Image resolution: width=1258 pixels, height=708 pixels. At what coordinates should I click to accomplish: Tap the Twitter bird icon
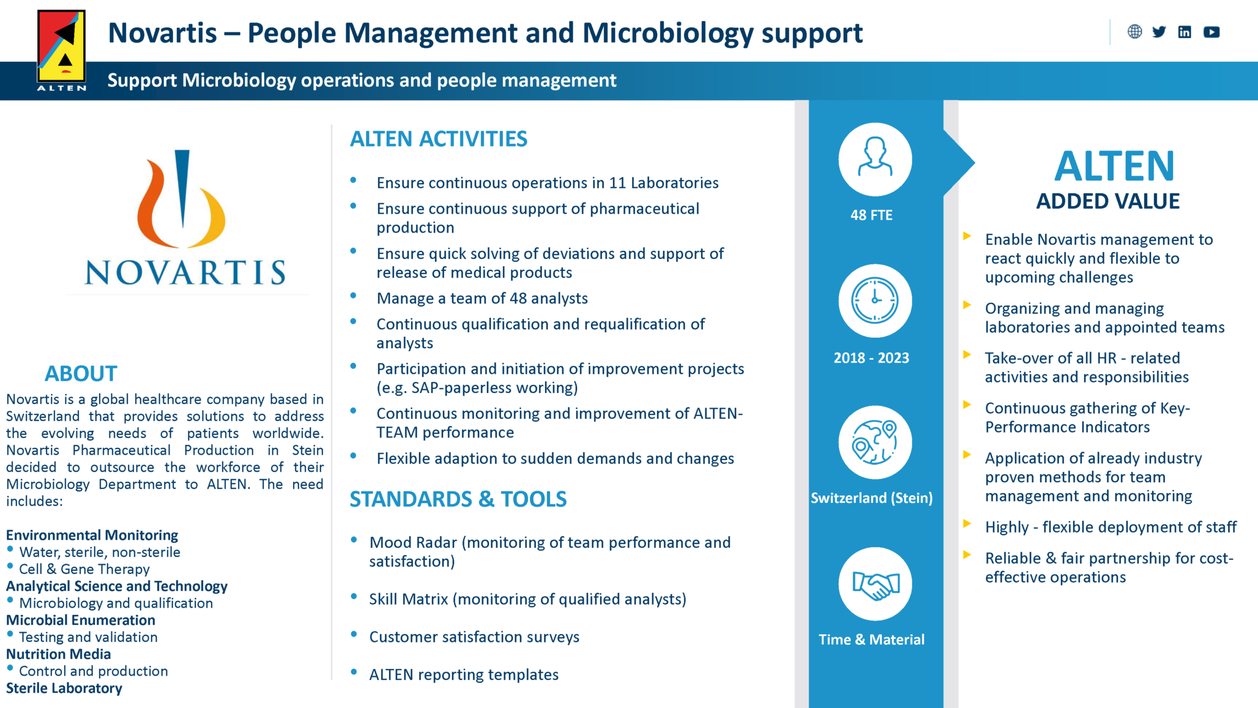point(1159,32)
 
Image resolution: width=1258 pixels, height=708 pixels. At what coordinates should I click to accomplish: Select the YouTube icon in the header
point(1211,32)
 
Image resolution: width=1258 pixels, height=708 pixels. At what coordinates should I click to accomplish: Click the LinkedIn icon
point(1185,32)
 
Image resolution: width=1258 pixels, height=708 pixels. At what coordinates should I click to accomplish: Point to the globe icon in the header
point(1134,32)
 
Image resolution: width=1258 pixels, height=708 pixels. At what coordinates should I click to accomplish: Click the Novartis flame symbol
point(181,199)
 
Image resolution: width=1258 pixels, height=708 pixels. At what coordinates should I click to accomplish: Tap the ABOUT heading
point(81,373)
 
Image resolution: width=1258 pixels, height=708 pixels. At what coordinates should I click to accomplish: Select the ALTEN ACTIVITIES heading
point(438,139)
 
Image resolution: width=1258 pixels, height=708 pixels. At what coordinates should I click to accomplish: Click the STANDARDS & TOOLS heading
point(458,499)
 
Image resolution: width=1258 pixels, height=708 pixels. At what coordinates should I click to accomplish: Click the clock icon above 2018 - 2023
point(875,300)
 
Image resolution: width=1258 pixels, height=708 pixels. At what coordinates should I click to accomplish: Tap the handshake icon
point(875,584)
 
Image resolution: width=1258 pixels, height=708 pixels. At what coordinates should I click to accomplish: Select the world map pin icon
point(875,442)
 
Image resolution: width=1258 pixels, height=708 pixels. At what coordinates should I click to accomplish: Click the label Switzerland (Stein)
point(871,498)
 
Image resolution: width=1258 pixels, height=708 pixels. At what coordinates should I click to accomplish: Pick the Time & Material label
point(871,639)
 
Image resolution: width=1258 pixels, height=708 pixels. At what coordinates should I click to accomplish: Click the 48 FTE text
point(871,215)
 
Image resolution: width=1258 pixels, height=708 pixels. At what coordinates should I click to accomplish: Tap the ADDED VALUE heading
point(1107,201)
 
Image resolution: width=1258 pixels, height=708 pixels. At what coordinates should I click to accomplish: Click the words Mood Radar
point(413,543)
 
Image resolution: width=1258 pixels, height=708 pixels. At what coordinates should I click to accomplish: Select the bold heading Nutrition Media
point(59,654)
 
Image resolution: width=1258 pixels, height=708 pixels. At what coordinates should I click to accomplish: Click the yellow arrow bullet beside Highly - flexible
point(967,524)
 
